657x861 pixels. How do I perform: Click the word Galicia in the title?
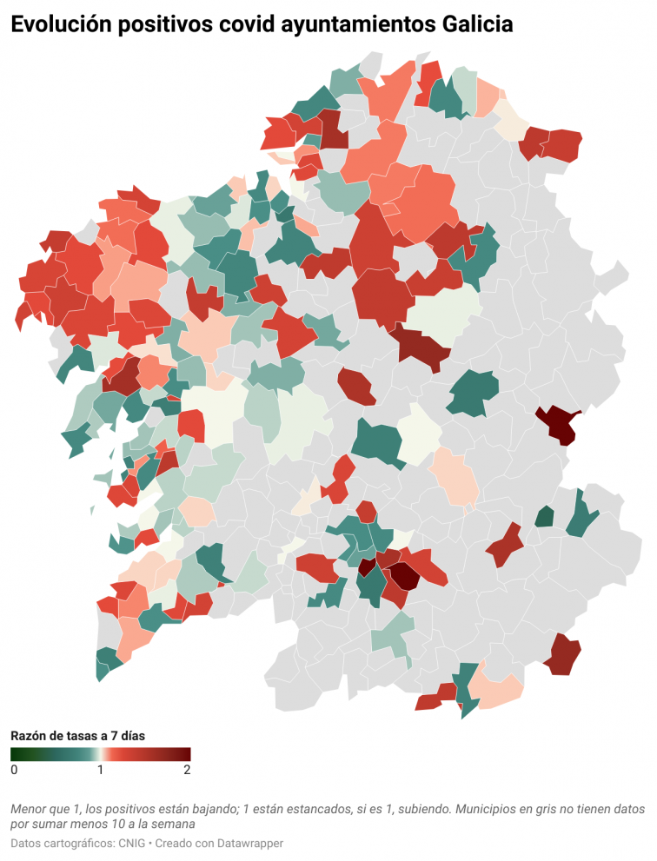point(473,26)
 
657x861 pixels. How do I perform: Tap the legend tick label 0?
point(14,770)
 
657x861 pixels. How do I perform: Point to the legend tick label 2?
point(187,770)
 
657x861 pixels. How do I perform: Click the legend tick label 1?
point(101,770)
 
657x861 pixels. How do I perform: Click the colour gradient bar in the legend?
point(101,753)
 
